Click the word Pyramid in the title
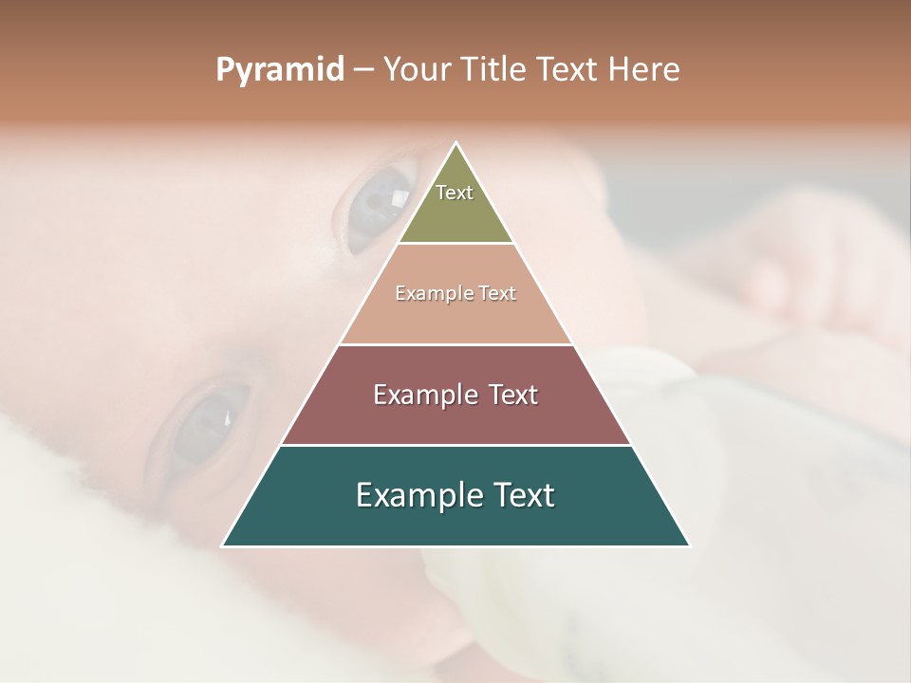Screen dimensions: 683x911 tap(279, 70)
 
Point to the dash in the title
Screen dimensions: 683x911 tap(363, 70)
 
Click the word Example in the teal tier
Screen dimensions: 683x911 tap(413, 496)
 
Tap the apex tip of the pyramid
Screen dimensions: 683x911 tap(455, 143)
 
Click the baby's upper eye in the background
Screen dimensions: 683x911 tap(377, 204)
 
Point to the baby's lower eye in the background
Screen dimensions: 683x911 tap(204, 422)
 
